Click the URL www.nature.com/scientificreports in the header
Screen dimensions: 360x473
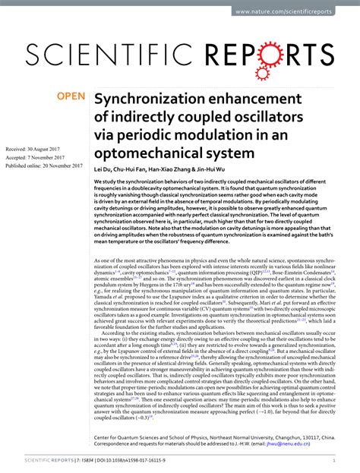295,11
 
